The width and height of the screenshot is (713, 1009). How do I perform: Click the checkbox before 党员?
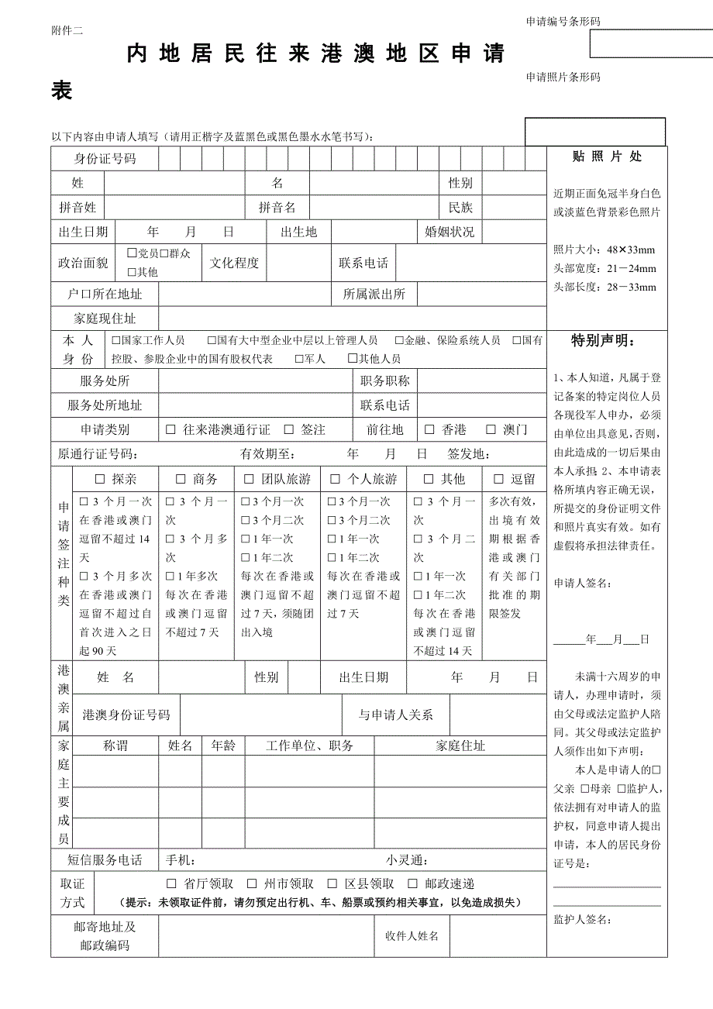(132, 253)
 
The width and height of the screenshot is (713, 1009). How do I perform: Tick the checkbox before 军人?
(299, 359)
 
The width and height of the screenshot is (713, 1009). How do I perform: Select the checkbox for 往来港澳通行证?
(171, 429)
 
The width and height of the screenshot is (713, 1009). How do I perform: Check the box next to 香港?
(429, 429)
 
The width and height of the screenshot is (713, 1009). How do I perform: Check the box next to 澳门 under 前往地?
(491, 429)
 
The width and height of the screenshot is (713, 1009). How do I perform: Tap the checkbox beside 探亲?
(99, 479)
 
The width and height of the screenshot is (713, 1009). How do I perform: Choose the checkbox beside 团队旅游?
(250, 479)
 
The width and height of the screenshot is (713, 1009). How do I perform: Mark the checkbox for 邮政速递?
(411, 883)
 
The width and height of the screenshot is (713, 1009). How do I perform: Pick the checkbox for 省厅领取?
(171, 883)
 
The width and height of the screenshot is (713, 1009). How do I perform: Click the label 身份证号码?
(105, 159)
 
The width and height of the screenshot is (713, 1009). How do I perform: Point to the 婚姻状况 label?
(449, 232)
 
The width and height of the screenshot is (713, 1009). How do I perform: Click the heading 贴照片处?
(607, 157)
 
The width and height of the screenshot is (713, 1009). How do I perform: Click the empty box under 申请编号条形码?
(650, 44)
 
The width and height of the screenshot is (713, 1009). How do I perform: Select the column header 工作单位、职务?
(309, 746)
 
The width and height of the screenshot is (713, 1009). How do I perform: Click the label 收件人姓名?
(412, 936)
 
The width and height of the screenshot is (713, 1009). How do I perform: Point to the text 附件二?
(67, 30)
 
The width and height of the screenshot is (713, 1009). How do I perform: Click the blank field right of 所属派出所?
(480, 294)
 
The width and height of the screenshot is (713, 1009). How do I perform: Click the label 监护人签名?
(582, 920)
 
